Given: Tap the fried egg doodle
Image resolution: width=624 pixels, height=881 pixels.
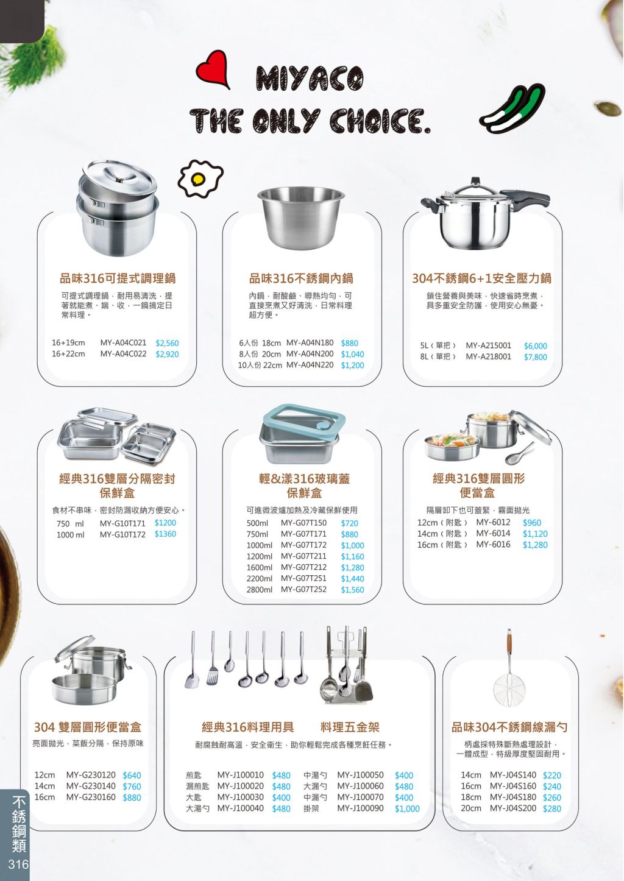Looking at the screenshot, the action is point(200,179).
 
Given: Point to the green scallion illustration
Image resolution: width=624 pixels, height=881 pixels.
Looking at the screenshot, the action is point(512,109).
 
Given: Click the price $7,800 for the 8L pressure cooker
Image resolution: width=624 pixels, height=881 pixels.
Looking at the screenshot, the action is point(535,357).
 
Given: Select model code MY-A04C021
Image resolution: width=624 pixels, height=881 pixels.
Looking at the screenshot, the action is point(123,342).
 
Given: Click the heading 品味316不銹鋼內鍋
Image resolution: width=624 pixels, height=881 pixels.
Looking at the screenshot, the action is point(301,278).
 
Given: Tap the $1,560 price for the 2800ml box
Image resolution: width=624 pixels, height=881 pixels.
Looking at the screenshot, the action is point(352,590).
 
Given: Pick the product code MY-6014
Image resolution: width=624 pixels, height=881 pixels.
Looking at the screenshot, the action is point(493,533).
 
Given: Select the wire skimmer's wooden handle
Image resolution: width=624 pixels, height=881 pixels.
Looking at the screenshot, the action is point(509,641).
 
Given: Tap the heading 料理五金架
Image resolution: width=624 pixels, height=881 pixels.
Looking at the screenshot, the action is point(350,727).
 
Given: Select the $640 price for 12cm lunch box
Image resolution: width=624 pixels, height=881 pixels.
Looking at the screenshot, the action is point(132,776).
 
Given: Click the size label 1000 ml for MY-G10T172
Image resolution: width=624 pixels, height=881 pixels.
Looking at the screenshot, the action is point(71,535).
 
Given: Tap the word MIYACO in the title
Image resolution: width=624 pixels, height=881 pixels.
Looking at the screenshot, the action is point(310,79).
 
